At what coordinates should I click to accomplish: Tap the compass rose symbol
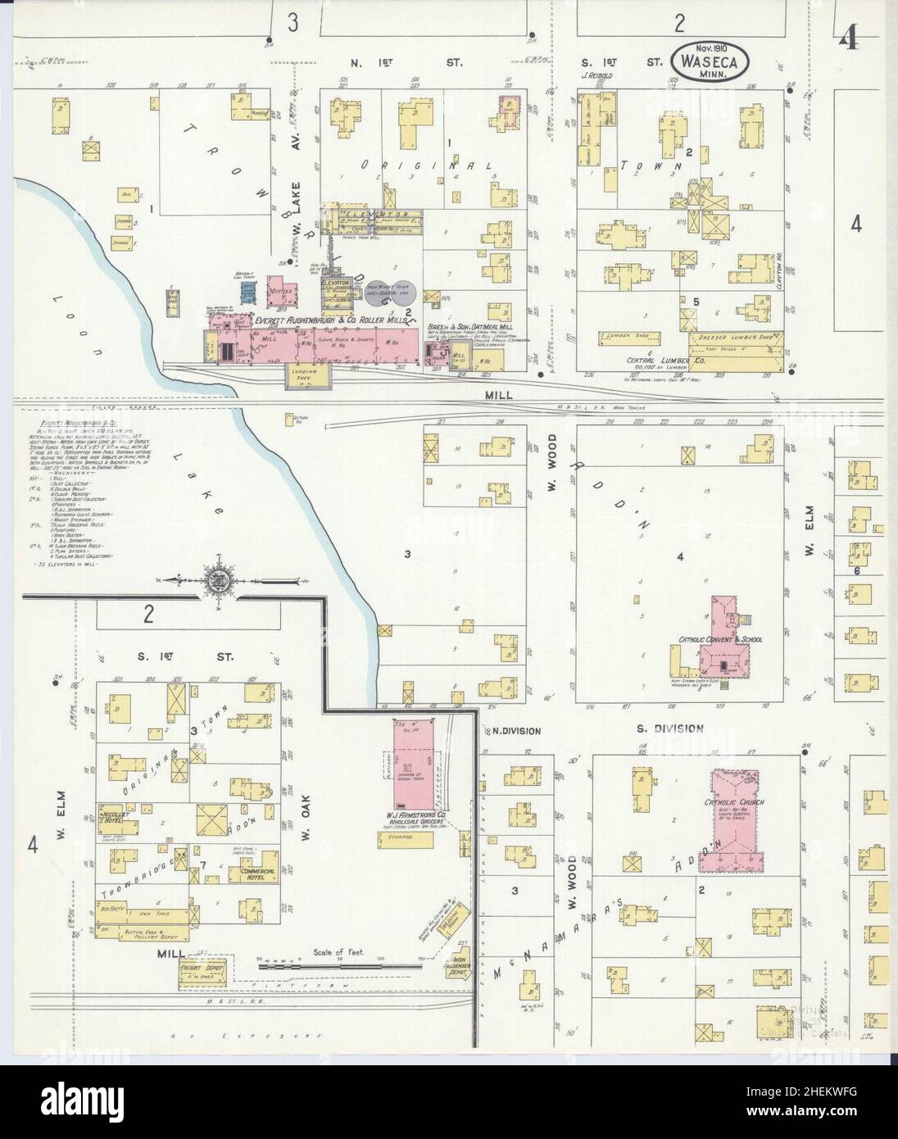point(220,580)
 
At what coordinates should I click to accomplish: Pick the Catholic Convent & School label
point(720,639)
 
